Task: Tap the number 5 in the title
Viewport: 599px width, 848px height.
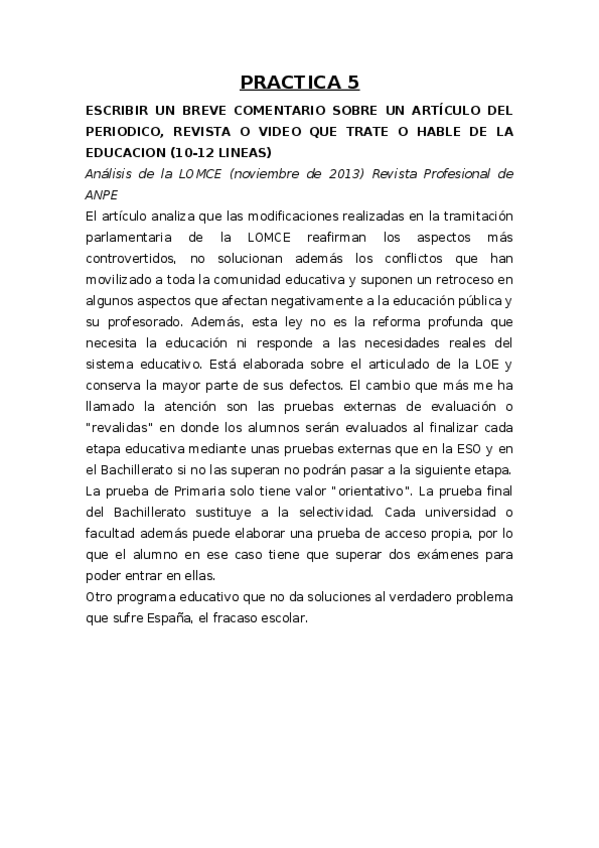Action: pos(352,82)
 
